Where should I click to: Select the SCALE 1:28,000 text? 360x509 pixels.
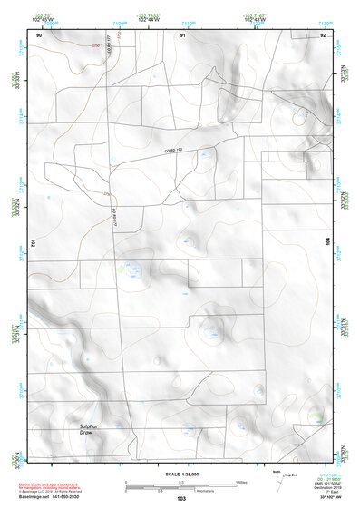[x=180, y=475]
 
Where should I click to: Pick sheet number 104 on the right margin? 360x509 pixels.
[x=327, y=243]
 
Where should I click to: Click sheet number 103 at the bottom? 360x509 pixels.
[x=180, y=501]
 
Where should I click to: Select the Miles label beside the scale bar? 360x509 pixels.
[x=240, y=481]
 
